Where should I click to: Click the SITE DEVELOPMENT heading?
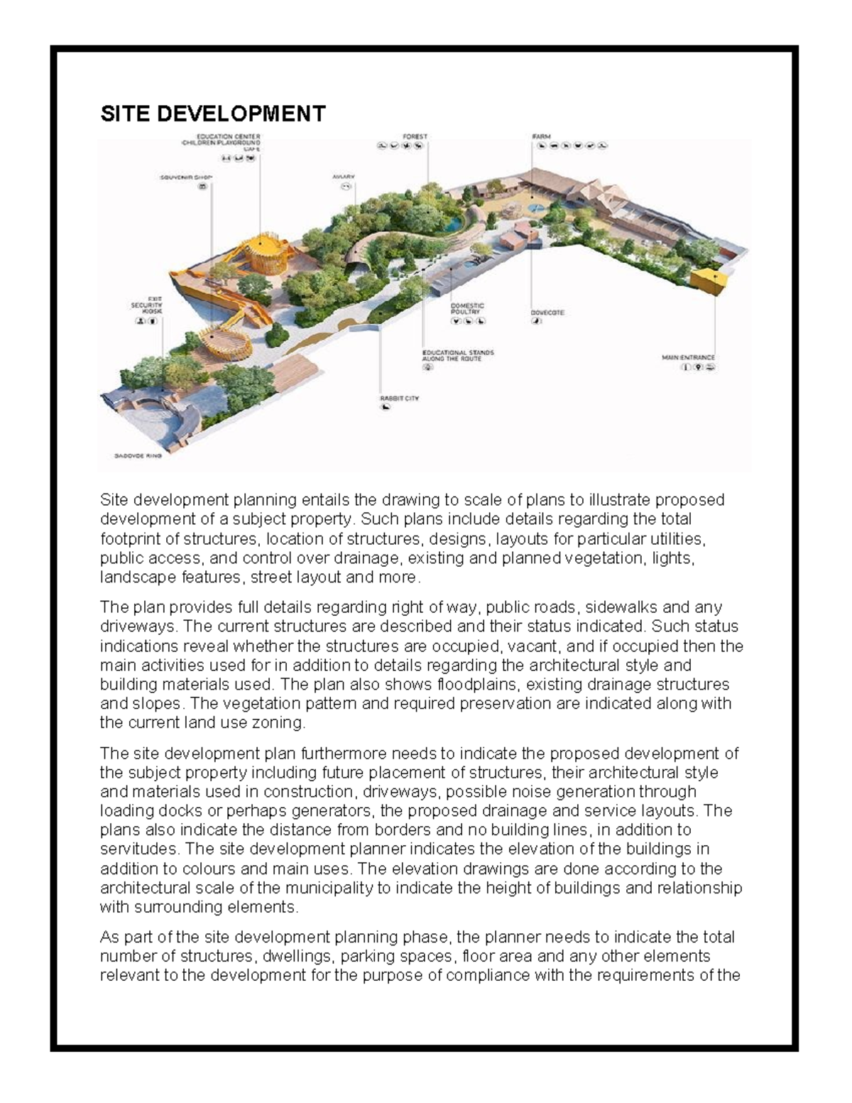tap(213, 114)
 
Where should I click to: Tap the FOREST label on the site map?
tap(415, 136)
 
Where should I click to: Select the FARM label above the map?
tap(542, 136)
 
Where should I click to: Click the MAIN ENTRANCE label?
tap(689, 357)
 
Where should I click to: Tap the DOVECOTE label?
tap(547, 313)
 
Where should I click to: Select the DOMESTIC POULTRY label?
tap(467, 309)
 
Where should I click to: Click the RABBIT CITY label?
tap(399, 399)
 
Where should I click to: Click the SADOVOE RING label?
tap(138, 456)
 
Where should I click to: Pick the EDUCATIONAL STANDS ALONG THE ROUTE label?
tap(457, 356)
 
